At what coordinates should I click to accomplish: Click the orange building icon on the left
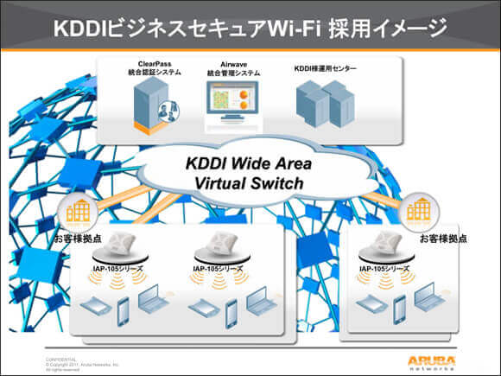coord(77,212)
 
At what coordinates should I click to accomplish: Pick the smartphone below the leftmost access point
coord(124,309)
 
